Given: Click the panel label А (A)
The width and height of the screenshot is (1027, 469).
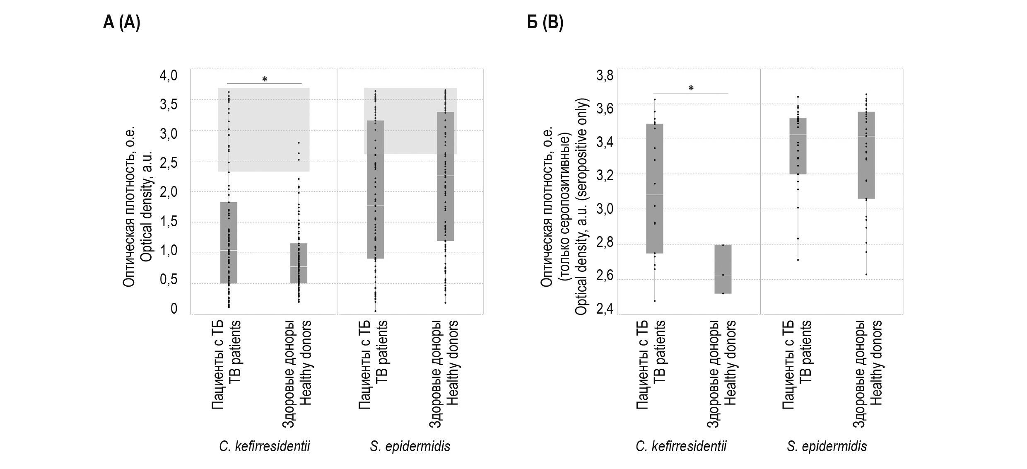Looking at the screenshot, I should click(121, 22).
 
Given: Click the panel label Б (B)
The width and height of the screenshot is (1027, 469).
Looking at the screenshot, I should click(545, 22).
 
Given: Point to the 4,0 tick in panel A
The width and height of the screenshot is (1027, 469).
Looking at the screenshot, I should click(169, 75).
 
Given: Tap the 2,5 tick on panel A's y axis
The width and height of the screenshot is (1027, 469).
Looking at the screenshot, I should click(169, 163).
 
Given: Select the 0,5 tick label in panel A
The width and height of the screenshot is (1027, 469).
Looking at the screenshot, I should click(169, 280).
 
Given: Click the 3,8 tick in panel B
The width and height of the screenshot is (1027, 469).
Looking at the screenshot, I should click(605, 76).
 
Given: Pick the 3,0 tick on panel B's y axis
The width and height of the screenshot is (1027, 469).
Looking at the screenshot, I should click(605, 209).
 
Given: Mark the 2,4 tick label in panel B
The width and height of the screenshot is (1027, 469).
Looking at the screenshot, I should click(605, 309).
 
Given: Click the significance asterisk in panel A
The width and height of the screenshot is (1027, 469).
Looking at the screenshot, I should click(265, 80).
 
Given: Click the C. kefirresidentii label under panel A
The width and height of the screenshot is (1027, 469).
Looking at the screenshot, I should click(265, 446).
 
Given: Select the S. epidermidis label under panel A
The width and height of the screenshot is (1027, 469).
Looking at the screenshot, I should click(410, 446).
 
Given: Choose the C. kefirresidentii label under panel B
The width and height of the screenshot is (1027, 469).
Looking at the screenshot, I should click(681, 446).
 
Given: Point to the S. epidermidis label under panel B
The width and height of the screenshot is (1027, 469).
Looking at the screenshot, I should click(827, 446).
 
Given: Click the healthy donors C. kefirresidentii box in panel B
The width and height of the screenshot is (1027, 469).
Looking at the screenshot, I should click(723, 269).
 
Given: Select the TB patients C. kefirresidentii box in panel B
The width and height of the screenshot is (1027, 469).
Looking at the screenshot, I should click(655, 189).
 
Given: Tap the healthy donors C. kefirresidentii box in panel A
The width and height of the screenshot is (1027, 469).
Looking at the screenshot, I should click(299, 263).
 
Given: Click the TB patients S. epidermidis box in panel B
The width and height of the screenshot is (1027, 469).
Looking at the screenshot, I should click(798, 146).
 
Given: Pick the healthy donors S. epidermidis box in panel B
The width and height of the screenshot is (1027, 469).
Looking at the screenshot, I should click(866, 155).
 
